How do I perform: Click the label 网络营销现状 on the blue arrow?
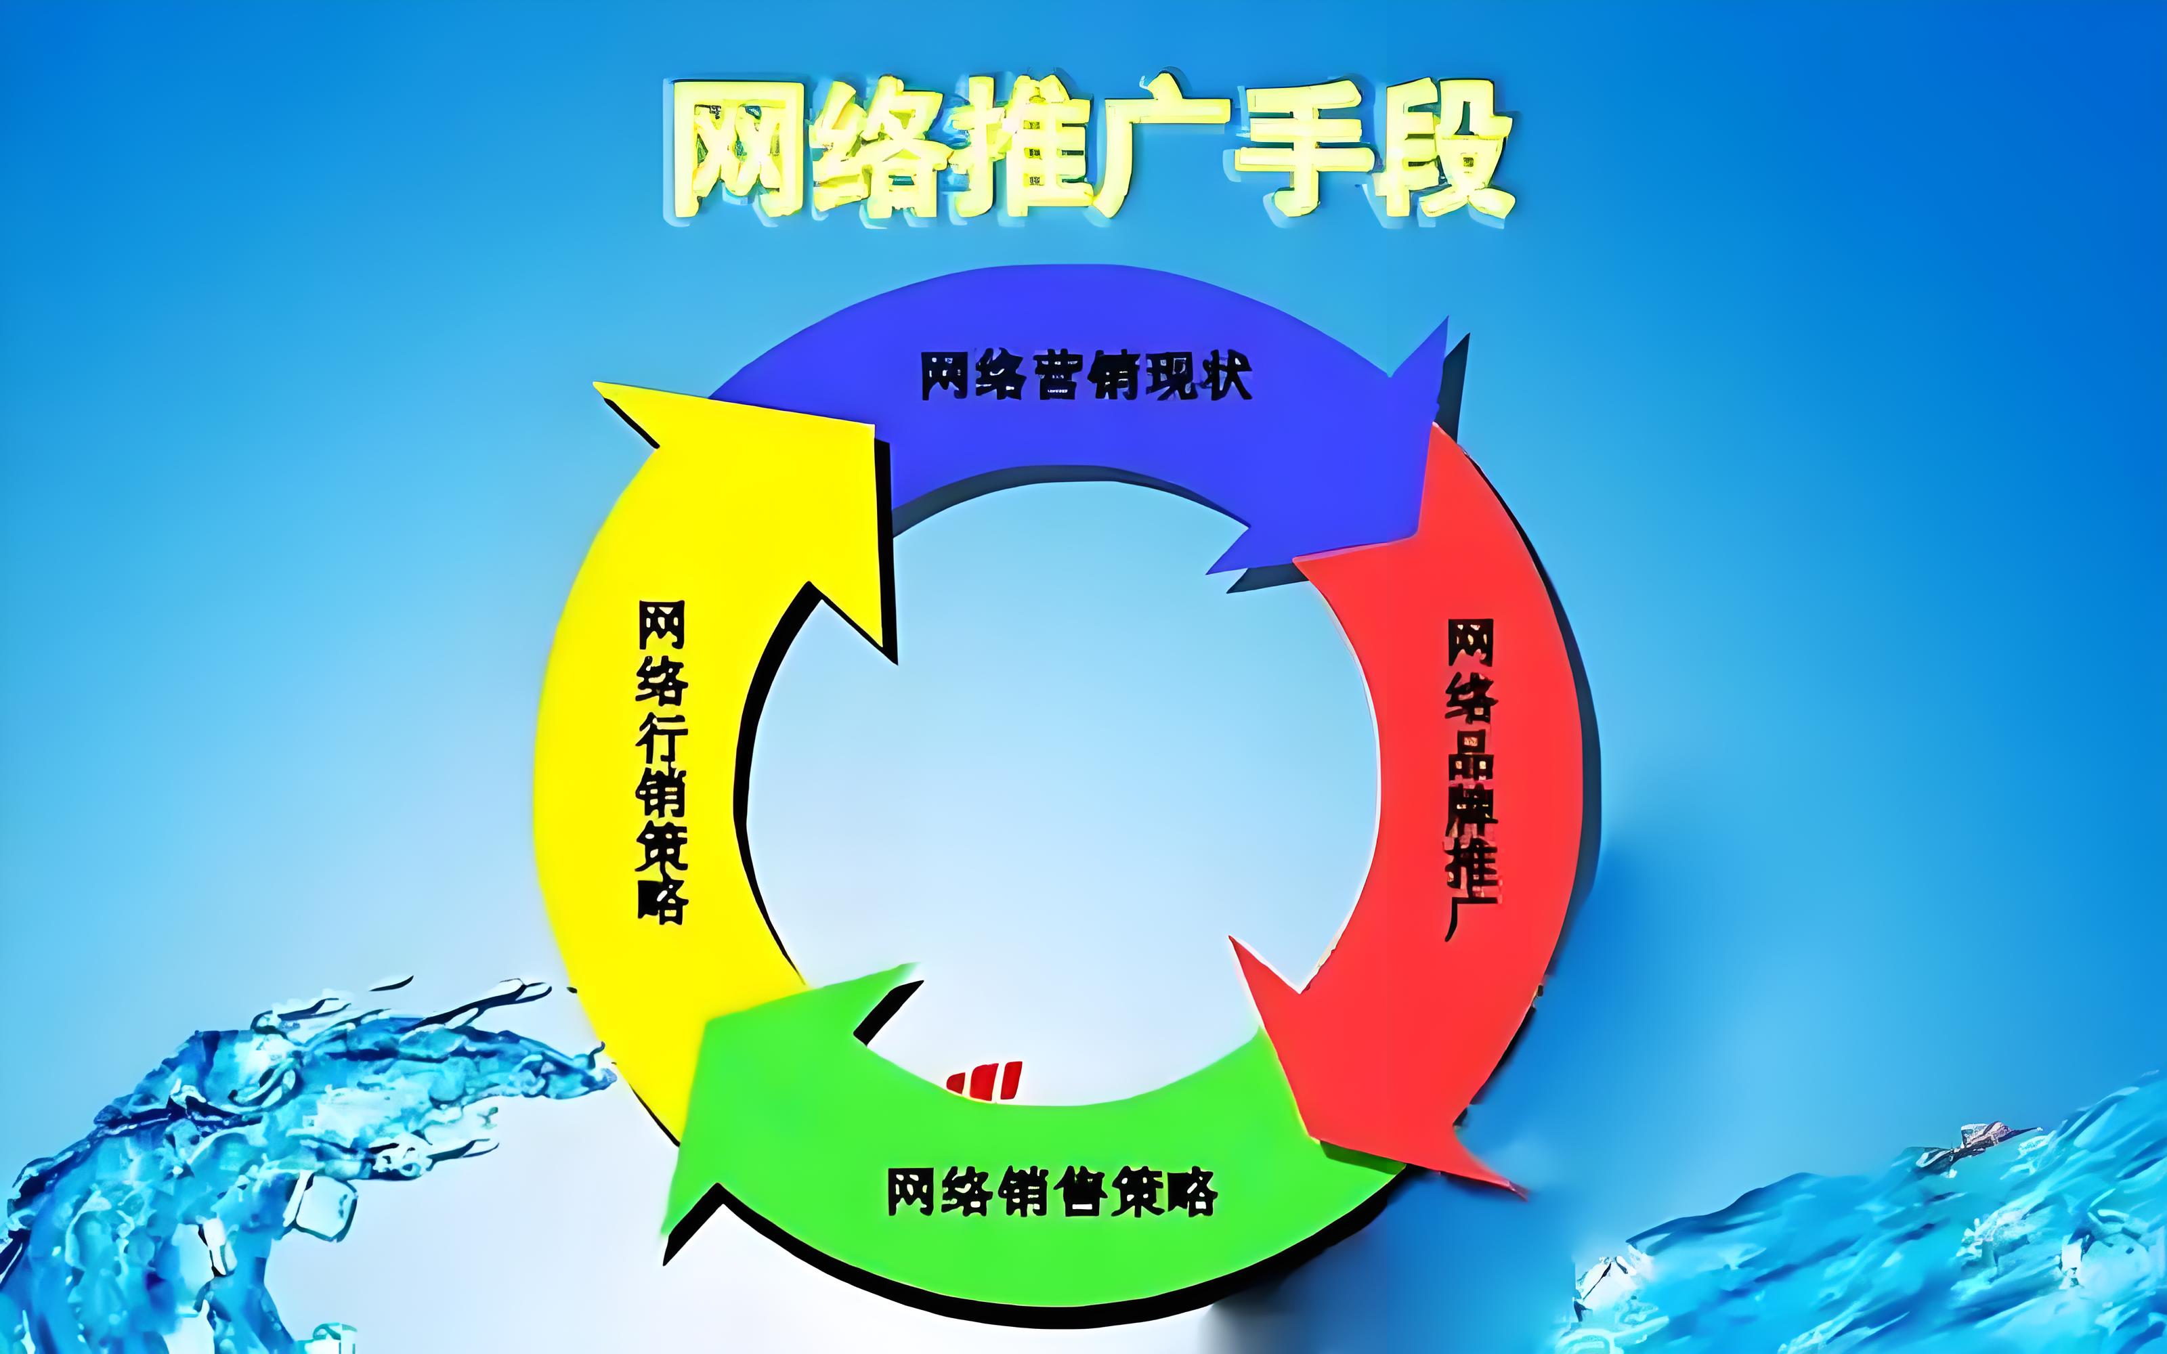pyautogui.click(x=1086, y=377)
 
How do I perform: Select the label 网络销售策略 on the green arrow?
pyautogui.click(x=1052, y=1190)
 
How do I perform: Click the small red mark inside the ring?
pyautogui.click(x=986, y=1078)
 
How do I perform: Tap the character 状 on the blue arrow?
pyautogui.click(x=1225, y=377)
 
